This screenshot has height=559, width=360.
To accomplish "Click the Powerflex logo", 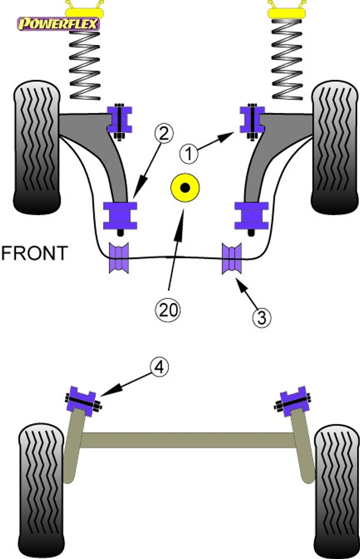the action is (59, 24).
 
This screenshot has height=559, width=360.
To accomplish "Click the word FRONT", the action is (34, 253).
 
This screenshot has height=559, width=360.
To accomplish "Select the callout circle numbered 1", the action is (189, 154).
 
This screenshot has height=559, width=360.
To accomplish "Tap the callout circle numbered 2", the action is (163, 133).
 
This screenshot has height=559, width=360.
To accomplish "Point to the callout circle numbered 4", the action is (159, 367).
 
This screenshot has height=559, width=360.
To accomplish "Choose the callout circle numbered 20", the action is (168, 310).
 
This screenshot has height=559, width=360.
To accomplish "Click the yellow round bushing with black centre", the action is (185, 187).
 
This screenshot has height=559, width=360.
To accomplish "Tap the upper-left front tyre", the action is (37, 147).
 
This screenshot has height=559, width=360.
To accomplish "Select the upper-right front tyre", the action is (335, 147).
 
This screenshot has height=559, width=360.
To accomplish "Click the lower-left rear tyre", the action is (41, 490).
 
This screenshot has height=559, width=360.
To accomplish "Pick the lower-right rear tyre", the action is (337, 490).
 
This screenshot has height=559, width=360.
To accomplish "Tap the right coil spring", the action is (287, 59).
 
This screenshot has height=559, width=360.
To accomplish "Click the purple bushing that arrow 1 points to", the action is (252, 120).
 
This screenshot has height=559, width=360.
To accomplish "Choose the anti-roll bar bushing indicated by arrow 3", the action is (232, 258).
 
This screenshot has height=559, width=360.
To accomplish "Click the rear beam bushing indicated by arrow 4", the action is (83, 401).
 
